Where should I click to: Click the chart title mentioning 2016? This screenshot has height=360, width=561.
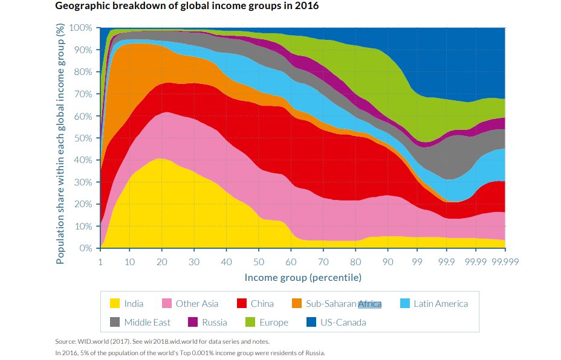click(187, 7)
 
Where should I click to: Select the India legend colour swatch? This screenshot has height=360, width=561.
click(114, 304)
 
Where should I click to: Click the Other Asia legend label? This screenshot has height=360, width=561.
click(196, 304)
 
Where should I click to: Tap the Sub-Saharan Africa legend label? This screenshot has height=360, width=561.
click(343, 304)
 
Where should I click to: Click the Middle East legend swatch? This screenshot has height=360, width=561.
click(114, 323)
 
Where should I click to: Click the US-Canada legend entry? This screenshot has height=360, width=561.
click(342, 323)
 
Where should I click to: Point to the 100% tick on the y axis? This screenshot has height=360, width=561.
click(80, 28)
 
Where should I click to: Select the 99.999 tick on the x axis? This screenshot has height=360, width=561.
click(505, 262)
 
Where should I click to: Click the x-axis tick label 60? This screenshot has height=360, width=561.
click(291, 262)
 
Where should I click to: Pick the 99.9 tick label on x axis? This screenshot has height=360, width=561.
click(447, 262)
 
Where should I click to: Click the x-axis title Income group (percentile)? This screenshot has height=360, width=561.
click(303, 278)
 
